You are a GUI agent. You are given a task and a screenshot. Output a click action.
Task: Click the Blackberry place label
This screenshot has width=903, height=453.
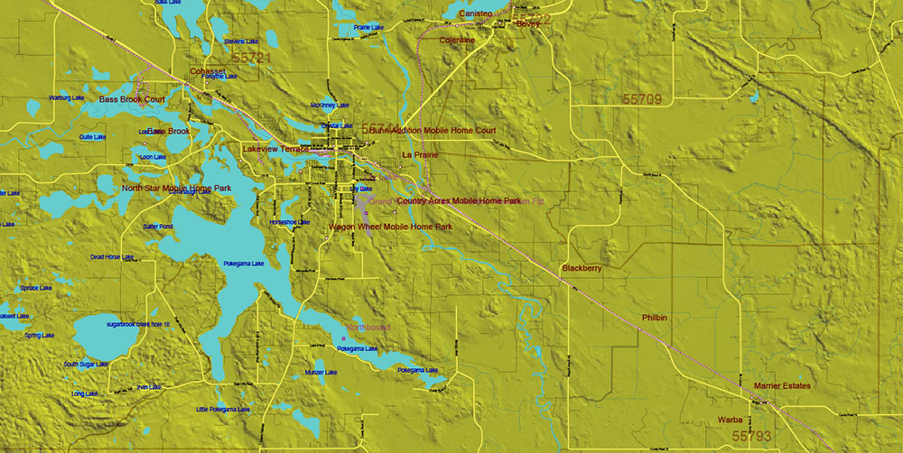[582, 269]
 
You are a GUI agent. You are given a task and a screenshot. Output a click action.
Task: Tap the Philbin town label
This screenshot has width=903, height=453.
[654, 318]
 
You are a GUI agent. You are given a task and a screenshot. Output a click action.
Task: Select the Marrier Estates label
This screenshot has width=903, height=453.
[782, 386]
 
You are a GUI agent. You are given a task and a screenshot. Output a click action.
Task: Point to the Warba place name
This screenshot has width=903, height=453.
[730, 421]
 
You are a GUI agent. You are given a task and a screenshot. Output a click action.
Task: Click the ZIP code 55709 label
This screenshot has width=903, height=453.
[641, 97]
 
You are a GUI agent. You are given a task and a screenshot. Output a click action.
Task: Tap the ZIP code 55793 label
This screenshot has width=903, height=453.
[751, 436]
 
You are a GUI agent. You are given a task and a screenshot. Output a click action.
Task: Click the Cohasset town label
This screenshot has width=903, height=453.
[208, 71]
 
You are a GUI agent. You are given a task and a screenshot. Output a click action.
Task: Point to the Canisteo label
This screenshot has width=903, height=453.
[475, 14]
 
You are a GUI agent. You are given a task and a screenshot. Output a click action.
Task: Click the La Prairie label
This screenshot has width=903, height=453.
[420, 155]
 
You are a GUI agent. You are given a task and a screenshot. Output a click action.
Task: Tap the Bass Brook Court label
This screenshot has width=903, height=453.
[132, 99]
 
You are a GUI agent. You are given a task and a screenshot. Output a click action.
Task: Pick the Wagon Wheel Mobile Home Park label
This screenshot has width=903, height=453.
[390, 227]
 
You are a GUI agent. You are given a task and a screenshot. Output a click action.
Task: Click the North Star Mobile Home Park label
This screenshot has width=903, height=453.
[176, 189]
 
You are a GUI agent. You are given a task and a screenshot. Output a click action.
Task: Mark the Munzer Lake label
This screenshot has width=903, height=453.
[321, 373]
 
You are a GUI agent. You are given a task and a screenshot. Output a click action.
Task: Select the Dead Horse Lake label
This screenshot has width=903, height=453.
[112, 257]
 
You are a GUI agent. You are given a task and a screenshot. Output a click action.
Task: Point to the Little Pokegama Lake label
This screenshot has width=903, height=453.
[223, 410]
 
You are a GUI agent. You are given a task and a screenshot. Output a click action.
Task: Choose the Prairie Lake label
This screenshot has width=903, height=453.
[369, 28]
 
